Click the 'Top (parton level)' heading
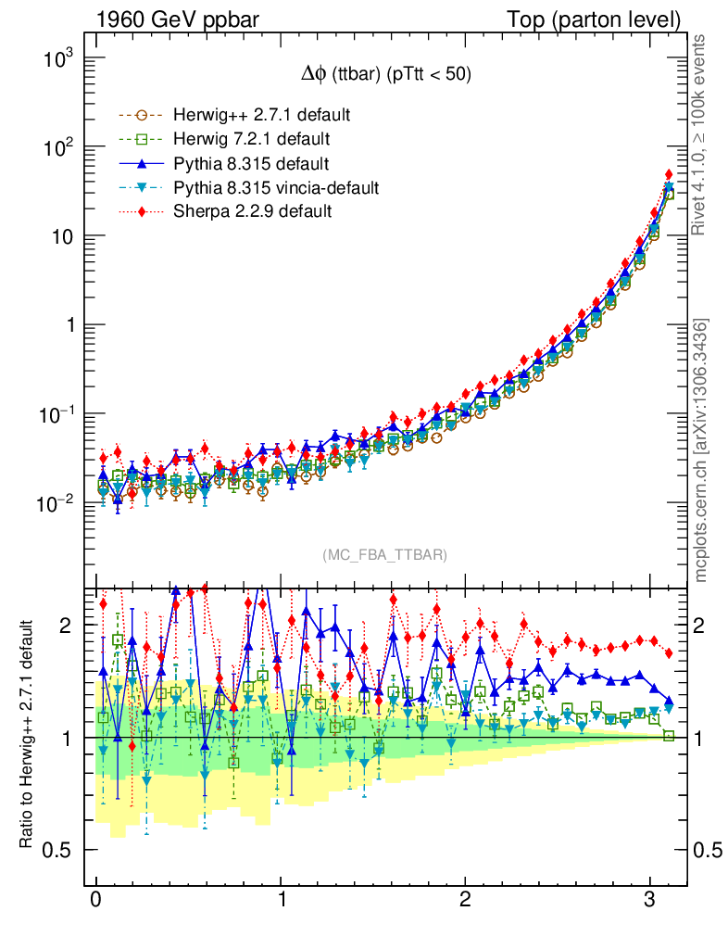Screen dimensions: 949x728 point(607,19)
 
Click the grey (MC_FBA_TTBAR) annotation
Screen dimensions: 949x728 point(385,555)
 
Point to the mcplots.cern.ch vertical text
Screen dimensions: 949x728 point(701,449)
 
